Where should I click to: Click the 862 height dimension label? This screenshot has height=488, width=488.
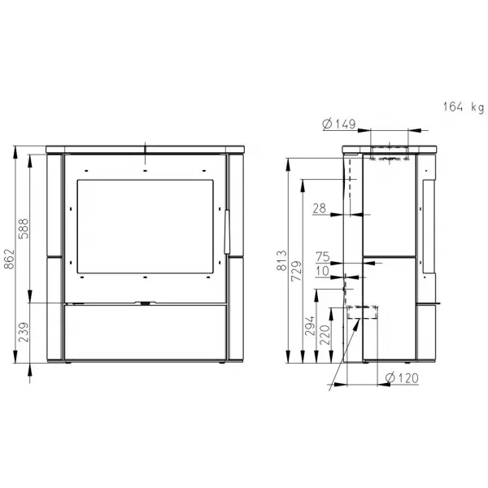pyautogui.click(x=9, y=259)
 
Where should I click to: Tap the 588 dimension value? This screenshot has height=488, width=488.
pyautogui.click(x=24, y=229)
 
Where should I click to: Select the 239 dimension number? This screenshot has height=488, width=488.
pyautogui.click(x=24, y=332)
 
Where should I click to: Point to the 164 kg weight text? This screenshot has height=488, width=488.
pyautogui.click(x=464, y=107)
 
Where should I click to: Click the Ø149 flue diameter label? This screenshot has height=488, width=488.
pyautogui.click(x=339, y=124)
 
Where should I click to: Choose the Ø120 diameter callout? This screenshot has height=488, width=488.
pyautogui.click(x=402, y=378)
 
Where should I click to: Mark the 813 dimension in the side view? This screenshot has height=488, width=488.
pyautogui.click(x=281, y=260)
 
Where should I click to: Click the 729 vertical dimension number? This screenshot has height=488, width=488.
pyautogui.click(x=296, y=271)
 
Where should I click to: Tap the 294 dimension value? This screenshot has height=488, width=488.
pyautogui.click(x=310, y=326)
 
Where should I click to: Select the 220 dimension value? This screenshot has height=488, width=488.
pyautogui.click(x=325, y=334)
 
